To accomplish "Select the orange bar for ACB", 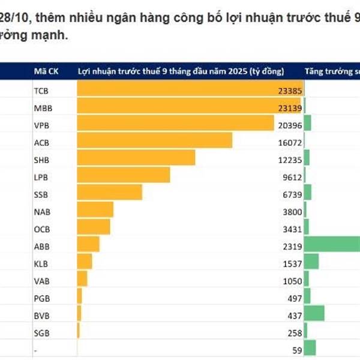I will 154,140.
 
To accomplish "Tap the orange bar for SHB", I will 136,157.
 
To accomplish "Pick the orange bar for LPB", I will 124,175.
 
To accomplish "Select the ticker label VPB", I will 41,127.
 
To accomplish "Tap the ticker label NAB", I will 41,212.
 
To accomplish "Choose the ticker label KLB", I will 41,263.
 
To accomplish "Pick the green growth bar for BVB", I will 314,313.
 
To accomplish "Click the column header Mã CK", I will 44,71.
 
